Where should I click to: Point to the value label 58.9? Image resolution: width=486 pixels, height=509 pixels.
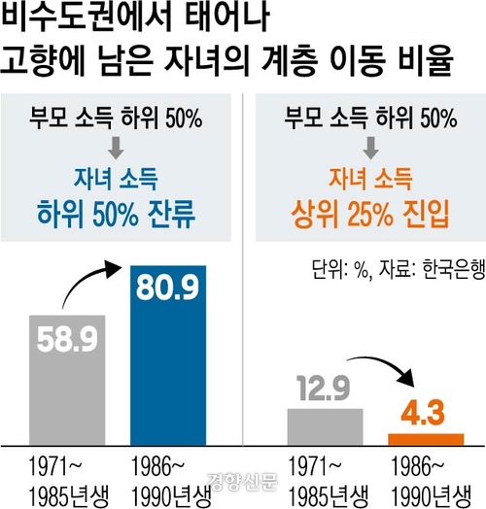tap(66, 339)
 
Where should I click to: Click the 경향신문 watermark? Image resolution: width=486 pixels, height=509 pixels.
tap(243, 481)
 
